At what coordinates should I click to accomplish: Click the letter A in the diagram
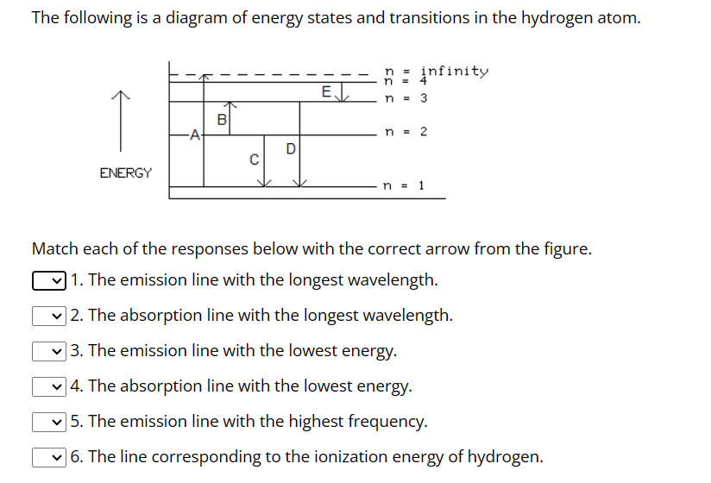pos(195,134)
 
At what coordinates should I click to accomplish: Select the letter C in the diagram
pos(254,160)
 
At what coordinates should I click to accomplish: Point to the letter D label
pos(291,149)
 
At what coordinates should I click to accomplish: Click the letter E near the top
pos(325,91)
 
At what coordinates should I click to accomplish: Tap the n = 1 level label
pos(404,185)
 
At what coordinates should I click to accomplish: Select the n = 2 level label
pos(406,132)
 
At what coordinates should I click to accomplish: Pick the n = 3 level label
pos(406,98)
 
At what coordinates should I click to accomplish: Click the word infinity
pos(454,71)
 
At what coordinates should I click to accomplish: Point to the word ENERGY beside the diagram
pos(126,173)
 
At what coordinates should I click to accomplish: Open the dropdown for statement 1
pos(48,281)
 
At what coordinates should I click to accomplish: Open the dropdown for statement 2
pos(48,317)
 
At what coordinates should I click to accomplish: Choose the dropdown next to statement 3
pos(48,352)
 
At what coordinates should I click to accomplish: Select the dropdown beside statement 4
pos(48,387)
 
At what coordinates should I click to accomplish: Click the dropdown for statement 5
pos(48,423)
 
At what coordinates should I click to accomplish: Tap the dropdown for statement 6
pos(48,458)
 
